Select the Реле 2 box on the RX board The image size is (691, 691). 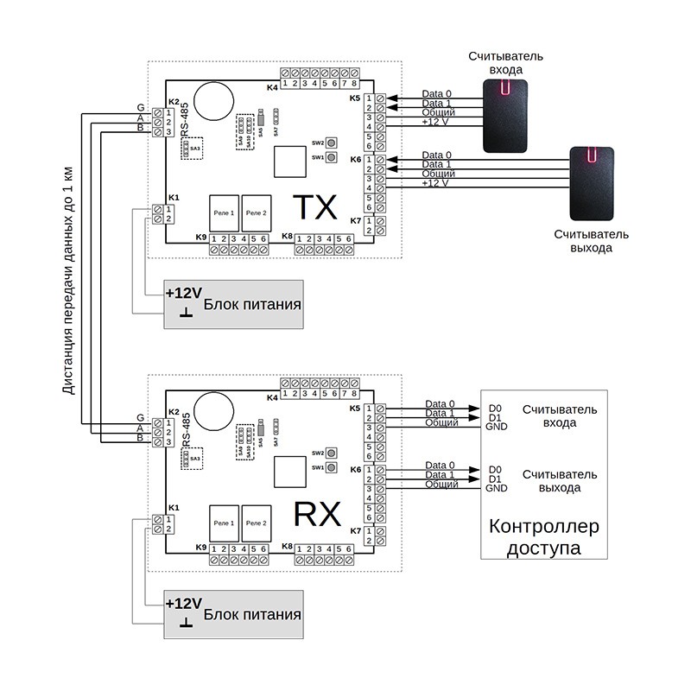pos(256,523)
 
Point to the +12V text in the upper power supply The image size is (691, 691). pos(184,292)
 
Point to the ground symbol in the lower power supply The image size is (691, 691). pos(185,623)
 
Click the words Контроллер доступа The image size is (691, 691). pos(543,537)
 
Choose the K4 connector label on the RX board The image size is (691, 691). pos(272,396)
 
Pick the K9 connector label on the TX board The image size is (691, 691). pos(201,238)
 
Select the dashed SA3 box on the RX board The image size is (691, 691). pos(194,459)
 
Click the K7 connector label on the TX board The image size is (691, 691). pos(355,221)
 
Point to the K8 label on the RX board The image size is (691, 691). pos(287,547)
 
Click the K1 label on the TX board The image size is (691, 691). pos(174,197)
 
